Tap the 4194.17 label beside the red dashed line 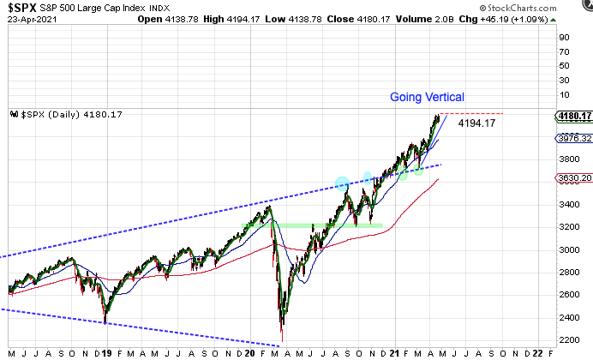(x=477, y=123)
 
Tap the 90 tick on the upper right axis (x=565, y=37)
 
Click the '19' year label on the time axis (x=106, y=351)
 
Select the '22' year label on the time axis (x=537, y=351)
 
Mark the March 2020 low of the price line (x=282, y=337)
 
